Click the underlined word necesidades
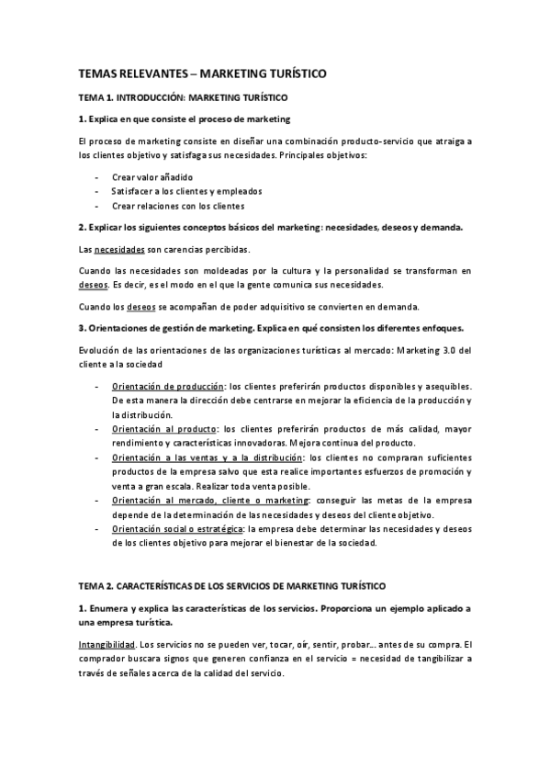point(120,249)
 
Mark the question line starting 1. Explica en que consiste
point(185,119)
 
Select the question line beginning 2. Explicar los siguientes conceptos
point(270,226)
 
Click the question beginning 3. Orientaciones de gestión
point(271,328)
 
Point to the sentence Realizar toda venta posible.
point(267,486)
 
